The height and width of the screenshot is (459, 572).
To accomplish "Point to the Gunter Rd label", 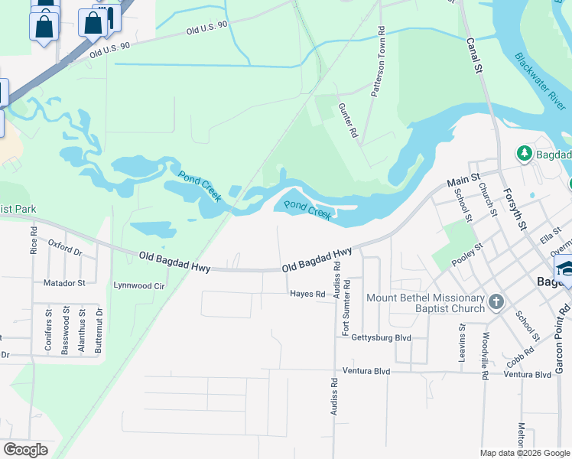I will tap(348, 121).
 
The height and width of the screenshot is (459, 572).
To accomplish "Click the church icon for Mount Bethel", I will tap(496, 301).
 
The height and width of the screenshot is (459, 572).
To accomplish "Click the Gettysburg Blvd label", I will tap(381, 337).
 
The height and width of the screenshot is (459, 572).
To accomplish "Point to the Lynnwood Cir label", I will tap(138, 285).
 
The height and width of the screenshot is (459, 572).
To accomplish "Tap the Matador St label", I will tap(64, 283).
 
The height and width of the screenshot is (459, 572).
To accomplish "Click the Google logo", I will tap(25, 450).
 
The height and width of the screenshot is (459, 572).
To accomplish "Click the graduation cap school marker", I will tap(567, 268).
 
